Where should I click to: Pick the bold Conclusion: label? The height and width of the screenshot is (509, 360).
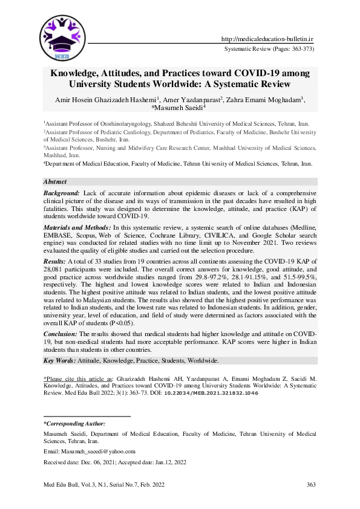(61, 333)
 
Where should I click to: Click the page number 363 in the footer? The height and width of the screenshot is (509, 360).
(312, 484)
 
